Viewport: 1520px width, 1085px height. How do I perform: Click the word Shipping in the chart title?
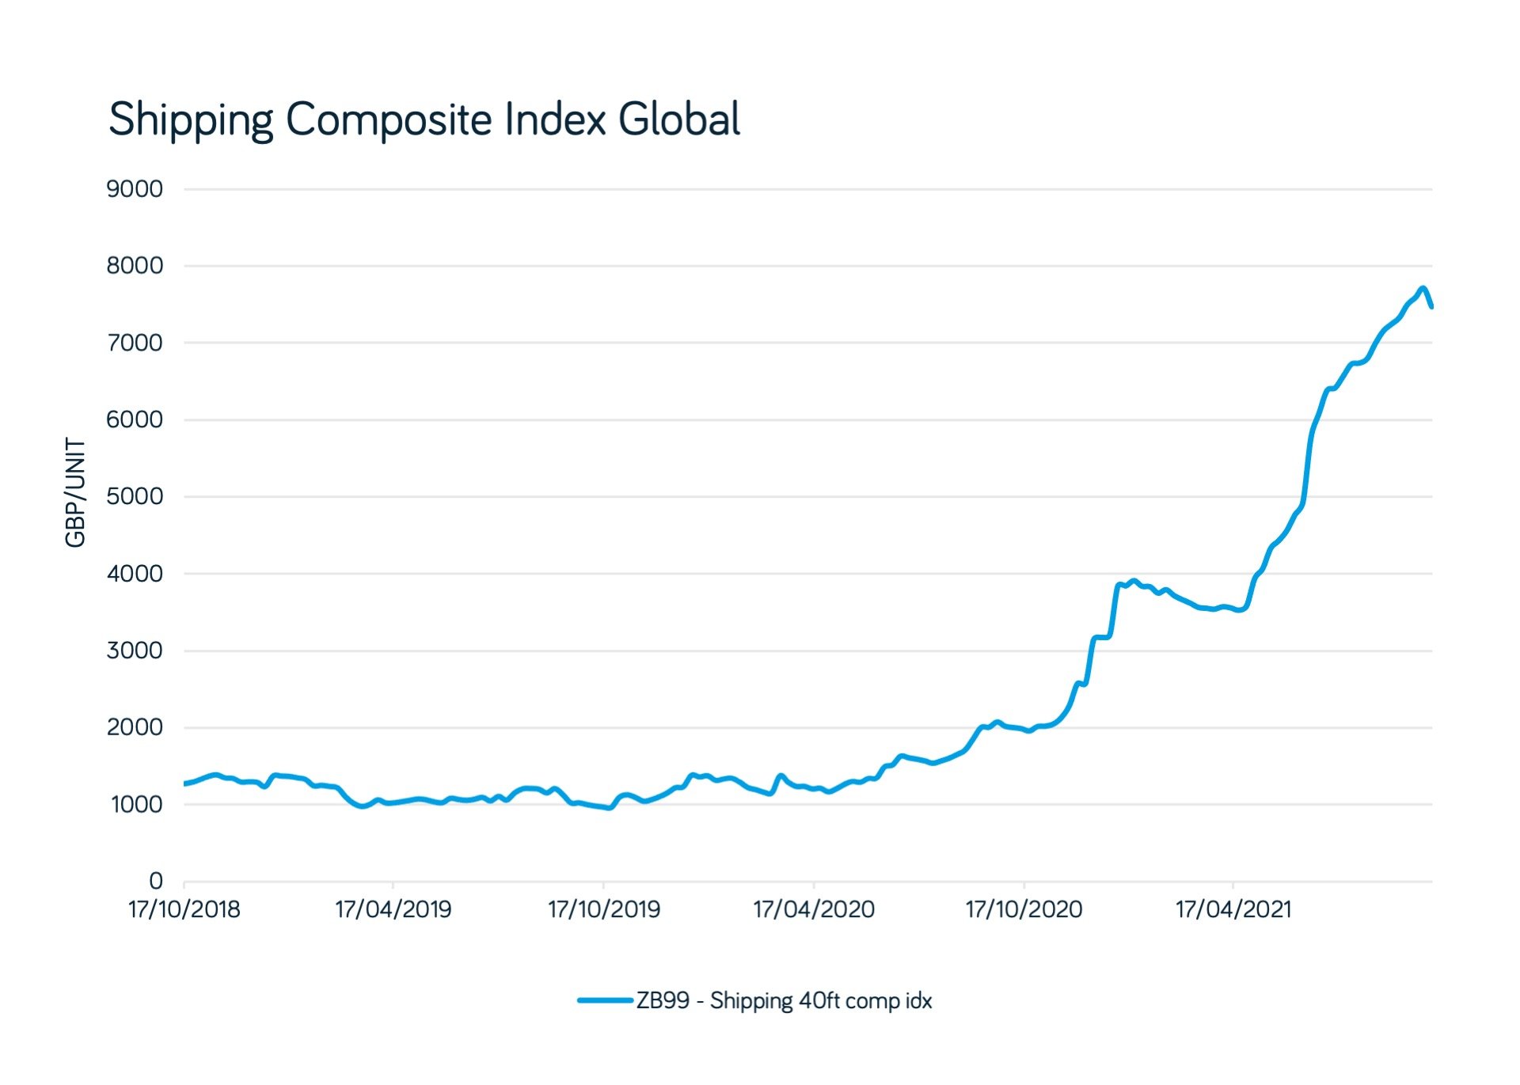point(191,120)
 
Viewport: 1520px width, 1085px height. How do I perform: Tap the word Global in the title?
point(678,119)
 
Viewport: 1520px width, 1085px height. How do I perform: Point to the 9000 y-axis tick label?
point(135,189)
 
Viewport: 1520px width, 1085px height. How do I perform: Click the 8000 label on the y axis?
point(135,266)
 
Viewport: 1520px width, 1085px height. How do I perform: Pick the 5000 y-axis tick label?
point(135,497)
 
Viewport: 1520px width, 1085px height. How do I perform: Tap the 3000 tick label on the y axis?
point(135,651)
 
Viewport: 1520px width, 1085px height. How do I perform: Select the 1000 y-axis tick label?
point(136,805)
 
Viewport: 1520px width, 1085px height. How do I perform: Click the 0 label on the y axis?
point(156,881)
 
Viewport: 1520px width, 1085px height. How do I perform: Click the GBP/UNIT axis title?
point(75,492)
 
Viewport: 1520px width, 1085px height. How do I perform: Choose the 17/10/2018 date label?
point(184,909)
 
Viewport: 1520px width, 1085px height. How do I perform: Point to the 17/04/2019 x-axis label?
point(393,909)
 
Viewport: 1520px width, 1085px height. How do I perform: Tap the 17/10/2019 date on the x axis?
point(603,909)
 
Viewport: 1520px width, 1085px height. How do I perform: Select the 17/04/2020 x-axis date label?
point(813,909)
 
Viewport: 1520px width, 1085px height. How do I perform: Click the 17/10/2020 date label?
point(1023,909)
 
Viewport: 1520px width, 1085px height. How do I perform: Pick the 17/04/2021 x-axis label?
point(1233,909)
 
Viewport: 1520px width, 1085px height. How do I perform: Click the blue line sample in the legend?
point(605,1000)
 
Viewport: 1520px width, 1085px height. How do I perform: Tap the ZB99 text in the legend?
point(663,1001)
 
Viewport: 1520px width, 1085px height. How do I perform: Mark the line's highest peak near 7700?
point(1423,288)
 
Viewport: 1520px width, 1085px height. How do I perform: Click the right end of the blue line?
point(1431,306)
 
